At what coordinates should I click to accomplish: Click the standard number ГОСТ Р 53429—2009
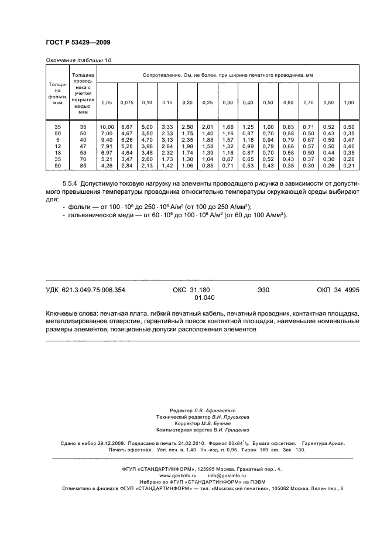(78, 43)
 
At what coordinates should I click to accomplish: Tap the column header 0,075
(127, 103)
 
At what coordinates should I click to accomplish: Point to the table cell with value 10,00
(107, 127)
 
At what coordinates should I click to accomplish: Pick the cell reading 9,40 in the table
(107, 141)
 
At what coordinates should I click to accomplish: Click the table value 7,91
(107, 147)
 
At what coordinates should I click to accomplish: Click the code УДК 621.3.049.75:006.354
(85, 290)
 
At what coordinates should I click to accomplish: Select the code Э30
(263, 290)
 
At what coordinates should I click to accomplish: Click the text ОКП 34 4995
(338, 290)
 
